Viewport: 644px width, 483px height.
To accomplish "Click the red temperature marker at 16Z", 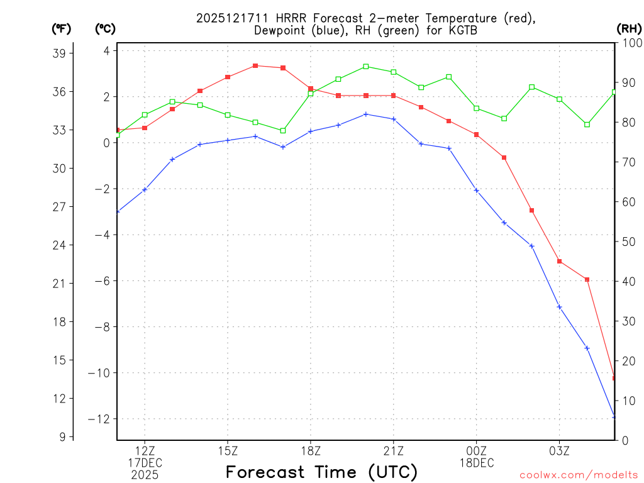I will [x=255, y=65].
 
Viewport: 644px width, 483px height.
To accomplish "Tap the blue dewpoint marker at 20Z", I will [x=366, y=114].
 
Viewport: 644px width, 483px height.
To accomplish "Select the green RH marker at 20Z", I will [x=366, y=66].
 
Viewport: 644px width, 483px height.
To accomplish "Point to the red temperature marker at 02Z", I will [x=531, y=210].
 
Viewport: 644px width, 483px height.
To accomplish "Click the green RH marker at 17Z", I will [x=283, y=131].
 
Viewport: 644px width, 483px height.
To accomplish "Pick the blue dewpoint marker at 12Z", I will [x=145, y=189].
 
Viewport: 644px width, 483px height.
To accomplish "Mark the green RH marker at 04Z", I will [x=587, y=125].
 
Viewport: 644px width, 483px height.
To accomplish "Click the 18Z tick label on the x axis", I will [x=311, y=450].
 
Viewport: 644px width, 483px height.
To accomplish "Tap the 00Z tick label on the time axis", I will [x=476, y=450].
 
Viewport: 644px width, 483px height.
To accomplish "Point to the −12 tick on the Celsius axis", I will [x=101, y=419].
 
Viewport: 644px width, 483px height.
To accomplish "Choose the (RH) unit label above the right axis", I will [x=628, y=28].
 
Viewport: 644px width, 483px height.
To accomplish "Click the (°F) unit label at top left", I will [x=61, y=28].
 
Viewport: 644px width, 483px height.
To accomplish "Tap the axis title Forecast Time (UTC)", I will [x=321, y=472].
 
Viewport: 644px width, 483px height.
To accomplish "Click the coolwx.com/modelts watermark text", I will [x=579, y=475].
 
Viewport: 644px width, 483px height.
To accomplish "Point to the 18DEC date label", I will [x=476, y=463].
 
